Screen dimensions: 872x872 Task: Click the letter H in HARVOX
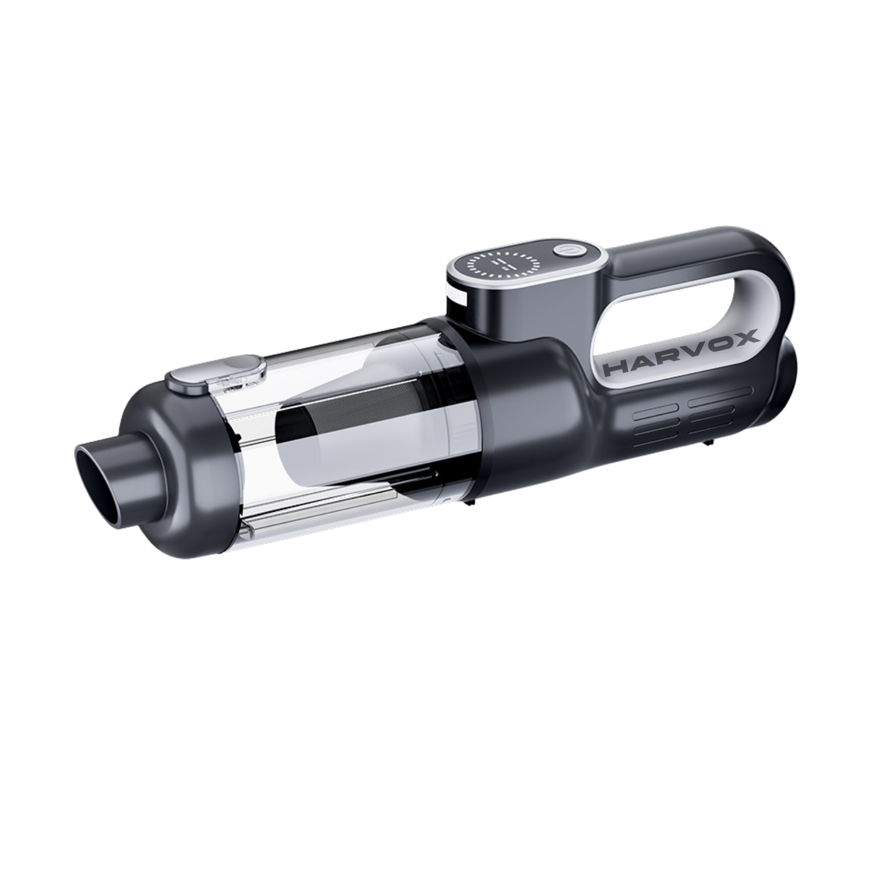click(x=616, y=369)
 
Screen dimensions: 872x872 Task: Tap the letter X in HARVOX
click(x=746, y=337)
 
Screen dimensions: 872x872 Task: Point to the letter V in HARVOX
click(x=695, y=349)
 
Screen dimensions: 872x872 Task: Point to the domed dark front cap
click(x=163, y=463)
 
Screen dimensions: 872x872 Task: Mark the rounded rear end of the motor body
click(x=782, y=381)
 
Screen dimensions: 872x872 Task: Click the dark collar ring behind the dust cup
click(x=480, y=414)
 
